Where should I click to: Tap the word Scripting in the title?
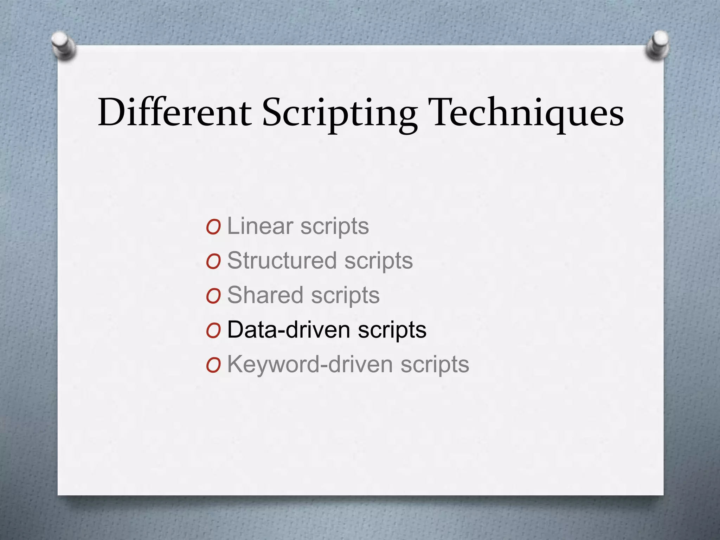click(340, 113)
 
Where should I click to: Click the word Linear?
click(260, 226)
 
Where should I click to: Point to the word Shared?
click(265, 295)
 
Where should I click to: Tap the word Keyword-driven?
click(310, 364)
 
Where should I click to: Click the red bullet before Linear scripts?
click(213, 227)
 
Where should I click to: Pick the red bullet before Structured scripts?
click(213, 262)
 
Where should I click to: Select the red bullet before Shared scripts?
click(213, 296)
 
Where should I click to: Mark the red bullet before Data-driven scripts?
click(213, 331)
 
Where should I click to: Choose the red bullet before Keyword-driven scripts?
click(213, 366)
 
